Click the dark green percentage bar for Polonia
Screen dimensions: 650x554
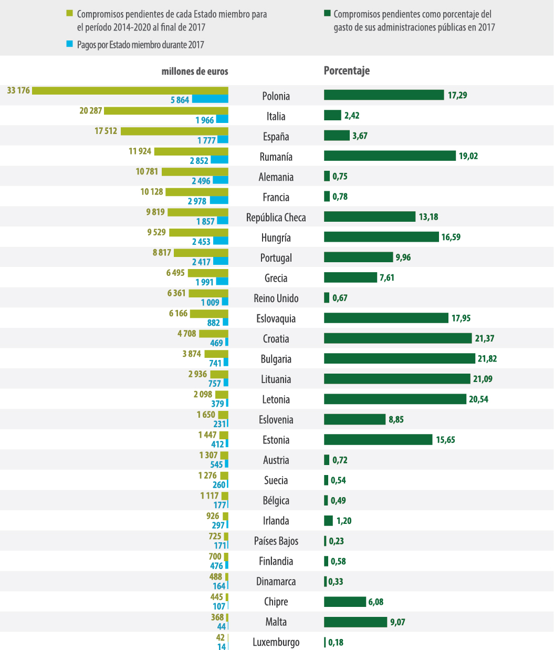[x=384, y=95]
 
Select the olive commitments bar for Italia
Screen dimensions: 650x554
[x=166, y=111]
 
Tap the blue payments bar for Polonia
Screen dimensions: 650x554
[x=210, y=99]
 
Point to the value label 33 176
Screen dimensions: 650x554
[x=18, y=90]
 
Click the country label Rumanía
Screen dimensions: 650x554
[x=276, y=157]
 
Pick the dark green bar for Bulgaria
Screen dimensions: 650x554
[x=399, y=358]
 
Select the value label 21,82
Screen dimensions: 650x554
[x=487, y=358]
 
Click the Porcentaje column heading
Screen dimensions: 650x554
[x=347, y=71]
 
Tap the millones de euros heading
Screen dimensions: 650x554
[x=195, y=71]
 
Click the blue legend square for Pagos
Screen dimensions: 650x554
[x=69, y=44]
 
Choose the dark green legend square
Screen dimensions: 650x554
[x=327, y=14]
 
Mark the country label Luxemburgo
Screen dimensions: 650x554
[x=276, y=642]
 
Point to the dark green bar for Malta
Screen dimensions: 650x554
[x=356, y=622]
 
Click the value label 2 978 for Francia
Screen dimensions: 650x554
[x=197, y=201]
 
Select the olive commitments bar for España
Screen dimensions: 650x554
[x=174, y=131]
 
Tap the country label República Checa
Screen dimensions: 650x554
[x=276, y=218]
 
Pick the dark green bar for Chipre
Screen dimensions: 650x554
[x=344, y=602]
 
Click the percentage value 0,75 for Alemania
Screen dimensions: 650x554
[x=340, y=177]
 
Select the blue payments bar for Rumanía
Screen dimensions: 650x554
[x=219, y=160]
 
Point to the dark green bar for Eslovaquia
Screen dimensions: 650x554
[x=386, y=318]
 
